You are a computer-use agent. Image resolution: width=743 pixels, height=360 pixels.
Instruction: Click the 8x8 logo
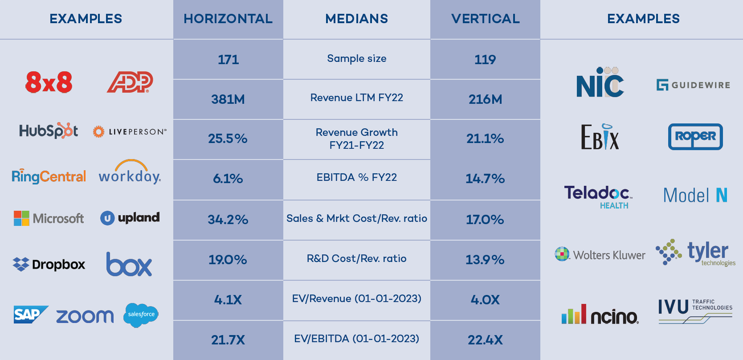point(49,83)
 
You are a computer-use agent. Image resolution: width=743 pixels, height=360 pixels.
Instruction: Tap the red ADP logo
point(130,82)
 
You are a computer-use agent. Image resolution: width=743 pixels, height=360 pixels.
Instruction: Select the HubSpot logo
point(48,131)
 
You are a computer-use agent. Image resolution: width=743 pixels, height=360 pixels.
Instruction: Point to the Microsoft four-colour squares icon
point(21,218)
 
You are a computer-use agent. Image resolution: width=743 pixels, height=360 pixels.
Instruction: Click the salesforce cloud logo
point(141,315)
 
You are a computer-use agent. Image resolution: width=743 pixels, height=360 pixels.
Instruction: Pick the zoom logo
point(85,316)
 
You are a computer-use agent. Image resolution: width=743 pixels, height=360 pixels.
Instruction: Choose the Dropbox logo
point(49,264)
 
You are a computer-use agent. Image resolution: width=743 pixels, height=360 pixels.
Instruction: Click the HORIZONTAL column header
point(228,19)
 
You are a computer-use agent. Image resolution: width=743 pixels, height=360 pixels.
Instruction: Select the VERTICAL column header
point(485,19)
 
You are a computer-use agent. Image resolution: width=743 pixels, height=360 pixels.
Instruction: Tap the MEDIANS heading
point(357,19)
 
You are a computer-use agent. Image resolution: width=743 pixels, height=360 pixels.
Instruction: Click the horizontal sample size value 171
point(228,59)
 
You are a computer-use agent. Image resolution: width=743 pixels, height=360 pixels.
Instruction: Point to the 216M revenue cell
point(485,99)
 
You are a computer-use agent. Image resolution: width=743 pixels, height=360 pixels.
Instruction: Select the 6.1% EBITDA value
point(228,179)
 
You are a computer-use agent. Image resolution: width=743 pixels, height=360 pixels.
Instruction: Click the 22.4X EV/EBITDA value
point(485,340)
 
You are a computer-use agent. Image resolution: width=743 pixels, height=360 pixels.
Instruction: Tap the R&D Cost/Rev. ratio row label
point(357,259)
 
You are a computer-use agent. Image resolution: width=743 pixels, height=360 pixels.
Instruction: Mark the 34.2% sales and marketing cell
point(228,219)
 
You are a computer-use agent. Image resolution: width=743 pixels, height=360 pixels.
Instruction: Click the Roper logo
point(695,137)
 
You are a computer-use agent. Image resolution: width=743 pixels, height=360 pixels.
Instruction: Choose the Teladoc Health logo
point(598,196)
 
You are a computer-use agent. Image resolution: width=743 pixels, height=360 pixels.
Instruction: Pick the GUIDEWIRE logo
point(693,85)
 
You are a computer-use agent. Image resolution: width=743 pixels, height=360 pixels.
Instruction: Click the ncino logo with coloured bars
point(600,315)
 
